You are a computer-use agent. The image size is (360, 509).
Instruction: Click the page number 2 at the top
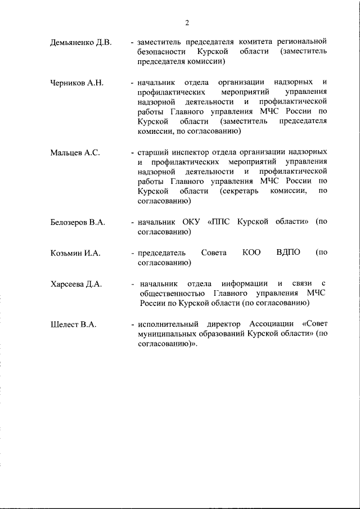point(186,22)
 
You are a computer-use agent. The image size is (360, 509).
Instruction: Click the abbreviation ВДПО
point(289,253)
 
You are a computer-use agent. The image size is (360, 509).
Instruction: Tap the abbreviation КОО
point(251,253)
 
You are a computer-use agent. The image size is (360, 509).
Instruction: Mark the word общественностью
point(173,294)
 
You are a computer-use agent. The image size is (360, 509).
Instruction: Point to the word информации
point(245,283)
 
